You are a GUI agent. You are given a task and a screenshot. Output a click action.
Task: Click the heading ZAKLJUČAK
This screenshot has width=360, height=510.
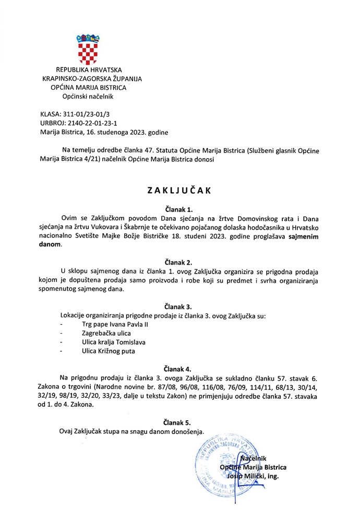click(179, 191)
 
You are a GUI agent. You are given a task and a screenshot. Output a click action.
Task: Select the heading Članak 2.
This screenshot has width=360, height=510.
click(179, 261)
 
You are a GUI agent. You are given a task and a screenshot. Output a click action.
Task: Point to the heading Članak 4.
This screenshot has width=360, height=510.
click(179, 368)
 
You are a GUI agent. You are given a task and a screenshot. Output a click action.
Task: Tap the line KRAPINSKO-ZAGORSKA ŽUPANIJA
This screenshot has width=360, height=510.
click(92, 79)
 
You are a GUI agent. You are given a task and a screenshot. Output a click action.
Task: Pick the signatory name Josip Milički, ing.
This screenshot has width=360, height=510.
click(259, 476)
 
